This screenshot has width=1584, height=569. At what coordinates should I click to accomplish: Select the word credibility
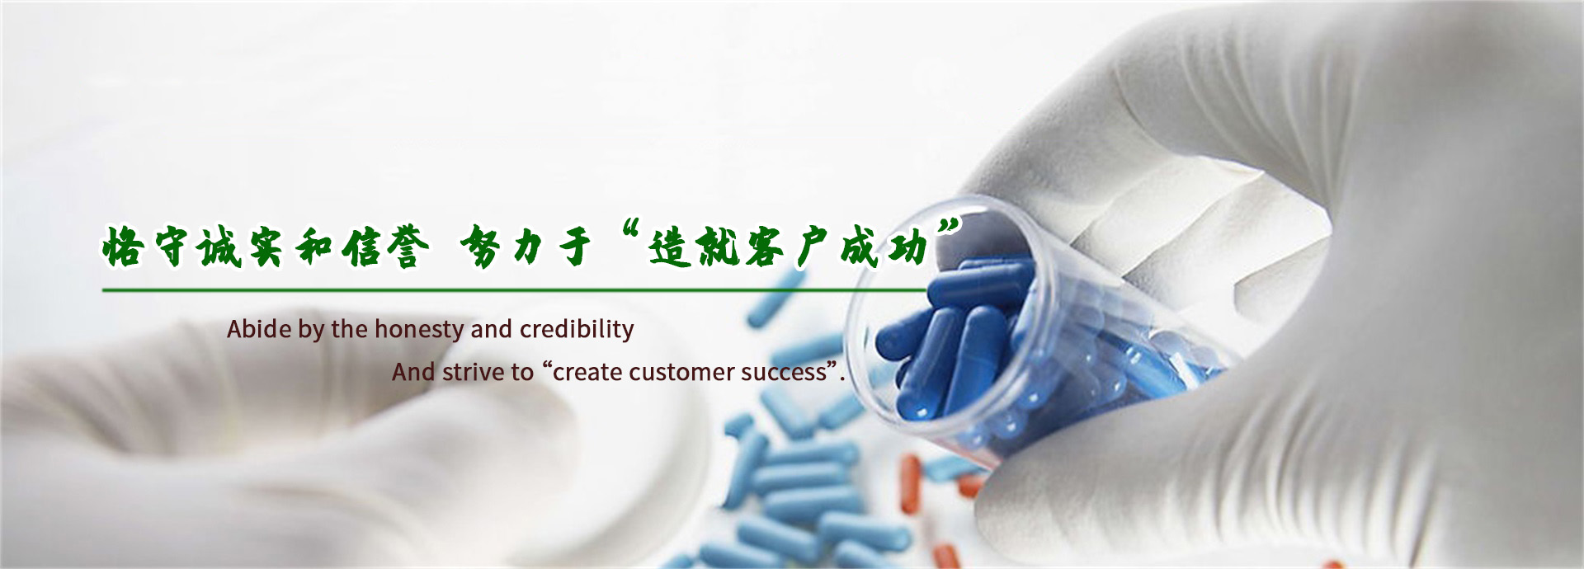577,330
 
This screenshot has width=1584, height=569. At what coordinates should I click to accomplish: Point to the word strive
474,372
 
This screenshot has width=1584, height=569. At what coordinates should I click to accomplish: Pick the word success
784,373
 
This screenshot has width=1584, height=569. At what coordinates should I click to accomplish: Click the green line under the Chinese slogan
515,290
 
